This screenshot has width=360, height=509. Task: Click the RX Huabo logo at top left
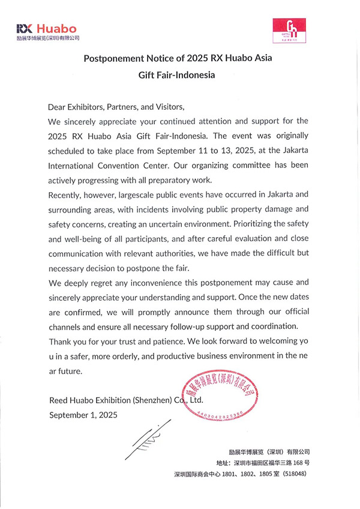tap(47, 31)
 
